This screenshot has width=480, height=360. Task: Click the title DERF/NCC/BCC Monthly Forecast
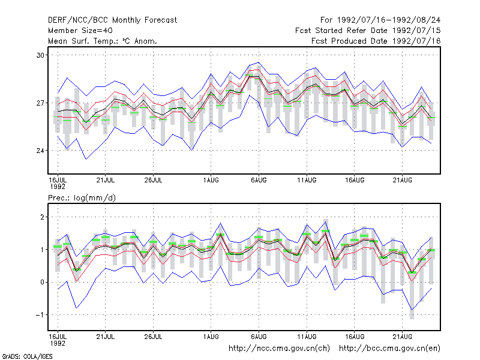(x=112, y=20)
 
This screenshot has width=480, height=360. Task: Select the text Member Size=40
(x=80, y=31)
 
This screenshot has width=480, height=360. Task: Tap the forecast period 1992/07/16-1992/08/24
(x=389, y=20)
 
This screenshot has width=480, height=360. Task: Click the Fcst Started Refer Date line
(x=368, y=31)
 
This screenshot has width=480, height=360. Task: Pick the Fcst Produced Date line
(x=376, y=41)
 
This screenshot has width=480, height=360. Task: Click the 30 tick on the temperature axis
(x=40, y=55)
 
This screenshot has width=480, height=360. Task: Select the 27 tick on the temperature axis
(x=40, y=103)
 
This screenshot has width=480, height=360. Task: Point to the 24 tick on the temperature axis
(x=40, y=151)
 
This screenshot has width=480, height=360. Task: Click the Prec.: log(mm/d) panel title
(x=82, y=198)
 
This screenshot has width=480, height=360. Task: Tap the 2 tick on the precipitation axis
(x=42, y=217)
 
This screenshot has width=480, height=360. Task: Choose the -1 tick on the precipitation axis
(x=40, y=315)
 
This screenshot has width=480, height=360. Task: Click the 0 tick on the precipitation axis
(x=42, y=282)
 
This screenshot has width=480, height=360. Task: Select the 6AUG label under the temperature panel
(x=259, y=181)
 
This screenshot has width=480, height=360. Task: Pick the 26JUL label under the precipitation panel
(x=153, y=337)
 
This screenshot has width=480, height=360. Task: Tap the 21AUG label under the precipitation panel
(x=402, y=337)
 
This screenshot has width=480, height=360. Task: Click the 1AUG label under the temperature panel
(x=211, y=181)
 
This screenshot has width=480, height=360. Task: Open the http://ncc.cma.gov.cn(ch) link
(x=279, y=349)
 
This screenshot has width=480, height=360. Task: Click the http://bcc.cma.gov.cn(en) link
(x=389, y=349)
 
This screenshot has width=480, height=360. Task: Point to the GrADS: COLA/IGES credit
(x=27, y=356)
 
